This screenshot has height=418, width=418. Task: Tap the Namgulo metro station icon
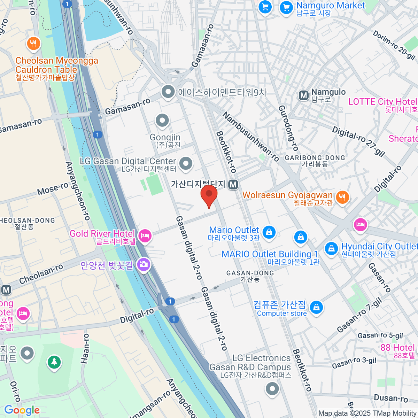pyautogui.click(x=304, y=95)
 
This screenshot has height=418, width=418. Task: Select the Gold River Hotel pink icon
pyautogui.click(x=145, y=236)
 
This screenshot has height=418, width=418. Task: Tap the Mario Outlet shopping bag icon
pyautogui.click(x=269, y=232)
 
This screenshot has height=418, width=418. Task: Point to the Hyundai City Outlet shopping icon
pyautogui.click(x=331, y=248)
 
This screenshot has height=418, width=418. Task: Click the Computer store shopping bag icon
pyautogui.click(x=316, y=308)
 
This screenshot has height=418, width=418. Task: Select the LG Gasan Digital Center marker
pyautogui.click(x=186, y=163)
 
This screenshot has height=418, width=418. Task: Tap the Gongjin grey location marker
pyautogui.click(x=162, y=121)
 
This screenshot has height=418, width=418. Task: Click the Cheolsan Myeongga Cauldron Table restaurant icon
pyautogui.click(x=33, y=44)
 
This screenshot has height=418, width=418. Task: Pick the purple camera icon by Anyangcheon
pyautogui.click(x=143, y=265)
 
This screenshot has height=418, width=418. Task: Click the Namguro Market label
pyautogui.click(x=330, y=6)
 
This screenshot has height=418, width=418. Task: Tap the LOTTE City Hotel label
pyautogui.click(x=382, y=102)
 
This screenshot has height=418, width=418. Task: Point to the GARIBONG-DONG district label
pyautogui.click(x=315, y=158)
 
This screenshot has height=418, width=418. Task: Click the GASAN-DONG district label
pyautogui.click(x=250, y=273)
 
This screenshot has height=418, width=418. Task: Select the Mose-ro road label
pyautogui.click(x=53, y=189)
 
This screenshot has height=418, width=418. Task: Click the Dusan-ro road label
pyautogui.click(x=390, y=398)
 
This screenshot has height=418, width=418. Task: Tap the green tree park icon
pyautogui.click(x=54, y=362)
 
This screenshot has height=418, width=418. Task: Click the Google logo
pyautogui.click(x=22, y=410)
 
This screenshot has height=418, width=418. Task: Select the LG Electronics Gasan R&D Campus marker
pyautogui.click(x=272, y=388)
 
